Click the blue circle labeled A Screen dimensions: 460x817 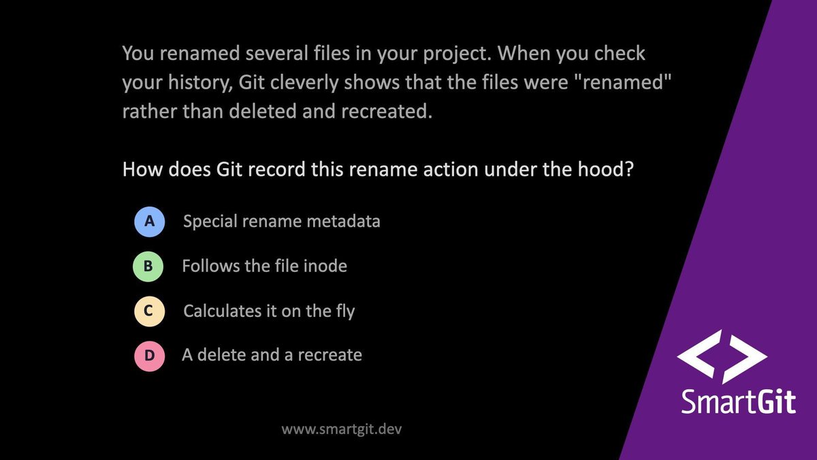149,222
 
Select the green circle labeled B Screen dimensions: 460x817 148,266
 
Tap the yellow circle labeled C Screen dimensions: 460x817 149,311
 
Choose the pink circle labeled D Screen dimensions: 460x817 149,356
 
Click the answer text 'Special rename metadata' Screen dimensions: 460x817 281,222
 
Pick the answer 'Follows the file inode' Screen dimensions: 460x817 264,266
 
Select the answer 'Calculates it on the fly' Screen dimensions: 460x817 269,311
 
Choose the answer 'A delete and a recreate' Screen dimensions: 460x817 272,356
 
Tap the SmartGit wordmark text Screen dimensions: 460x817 738,401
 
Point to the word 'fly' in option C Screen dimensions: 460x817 343,311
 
